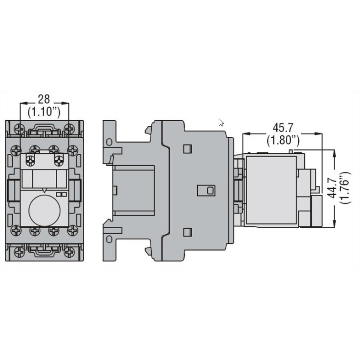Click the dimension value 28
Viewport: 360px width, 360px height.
pyautogui.click(x=44, y=99)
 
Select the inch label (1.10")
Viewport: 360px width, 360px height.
pyautogui.click(x=44, y=112)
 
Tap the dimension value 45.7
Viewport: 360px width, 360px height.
pyautogui.click(x=282, y=127)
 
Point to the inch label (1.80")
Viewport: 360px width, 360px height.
pyautogui.click(x=282, y=140)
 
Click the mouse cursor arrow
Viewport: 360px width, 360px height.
pyautogui.click(x=220, y=122)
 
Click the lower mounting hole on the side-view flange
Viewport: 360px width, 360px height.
pyautogui.click(x=108, y=239)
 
